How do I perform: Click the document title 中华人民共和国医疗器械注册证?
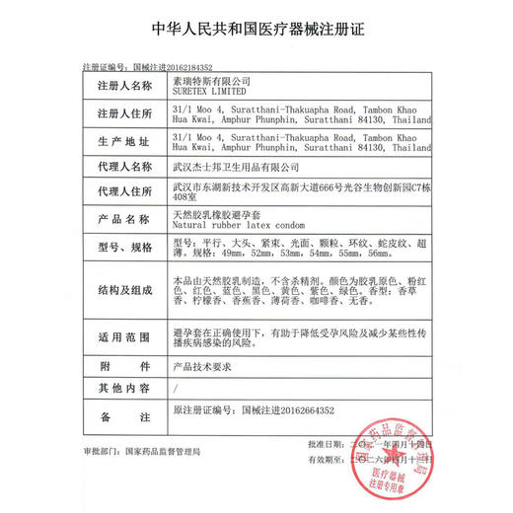(x=256, y=28)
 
